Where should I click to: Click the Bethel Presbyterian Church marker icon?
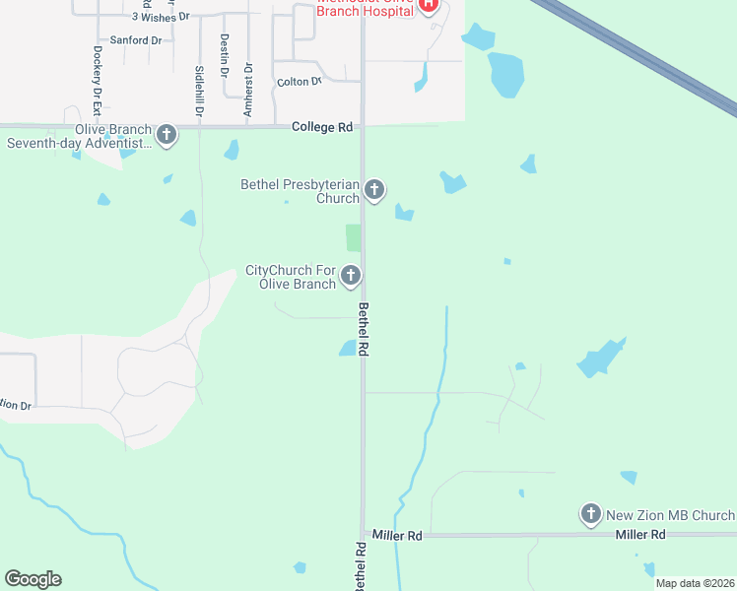coord(373,189)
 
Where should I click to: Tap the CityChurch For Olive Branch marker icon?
coord(351,277)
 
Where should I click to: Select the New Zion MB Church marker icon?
coord(590,513)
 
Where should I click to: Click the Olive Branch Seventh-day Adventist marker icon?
coord(167,135)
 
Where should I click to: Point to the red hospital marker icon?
coord(429,5)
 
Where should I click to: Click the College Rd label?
coord(322,127)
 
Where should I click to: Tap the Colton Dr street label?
coord(300,82)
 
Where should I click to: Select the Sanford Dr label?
coord(136,40)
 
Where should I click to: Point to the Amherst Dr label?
coord(248,90)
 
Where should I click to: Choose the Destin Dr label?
coord(225,55)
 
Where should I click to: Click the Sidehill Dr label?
coord(199,92)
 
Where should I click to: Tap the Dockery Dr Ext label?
coord(97,75)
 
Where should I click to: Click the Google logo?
coord(33,579)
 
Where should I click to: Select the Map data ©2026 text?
coord(694,583)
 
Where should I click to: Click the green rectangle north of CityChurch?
coord(353,237)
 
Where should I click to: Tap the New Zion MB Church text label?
coord(670,515)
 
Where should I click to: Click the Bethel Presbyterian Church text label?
coord(301,191)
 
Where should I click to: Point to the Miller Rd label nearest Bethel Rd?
coord(397,535)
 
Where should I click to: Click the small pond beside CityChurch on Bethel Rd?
coord(348,348)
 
